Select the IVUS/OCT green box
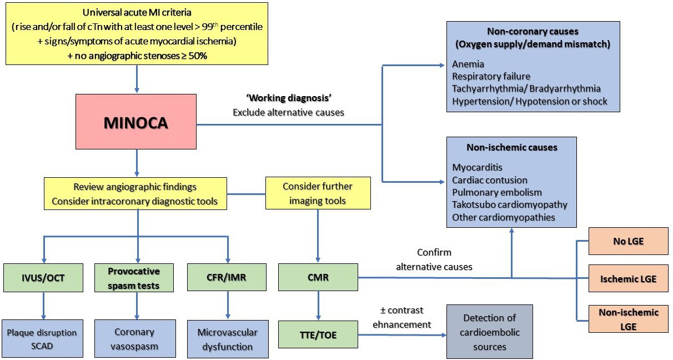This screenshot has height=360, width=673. (x=43, y=277)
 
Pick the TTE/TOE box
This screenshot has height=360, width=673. (x=318, y=334)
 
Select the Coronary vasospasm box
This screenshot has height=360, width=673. (x=135, y=338)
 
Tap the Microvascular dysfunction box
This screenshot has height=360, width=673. (x=228, y=338)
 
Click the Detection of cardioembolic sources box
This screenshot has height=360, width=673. (x=490, y=332)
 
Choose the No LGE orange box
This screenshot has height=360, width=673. (x=628, y=241)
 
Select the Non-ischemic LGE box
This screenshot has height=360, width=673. (x=628, y=319)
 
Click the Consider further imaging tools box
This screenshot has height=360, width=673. (x=318, y=193)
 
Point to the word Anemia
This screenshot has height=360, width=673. (x=468, y=63)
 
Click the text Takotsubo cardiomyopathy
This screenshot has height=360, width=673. (x=510, y=204)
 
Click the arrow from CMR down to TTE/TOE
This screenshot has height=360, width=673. (x=318, y=306)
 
